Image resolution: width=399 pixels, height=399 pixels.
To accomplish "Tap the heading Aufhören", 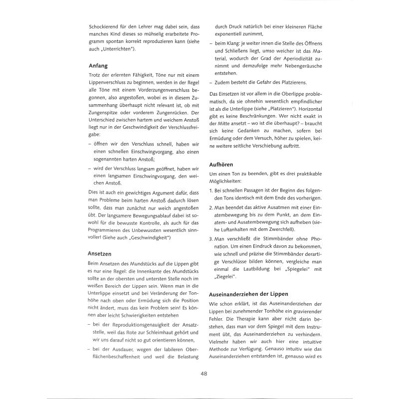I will pos(221,164).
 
